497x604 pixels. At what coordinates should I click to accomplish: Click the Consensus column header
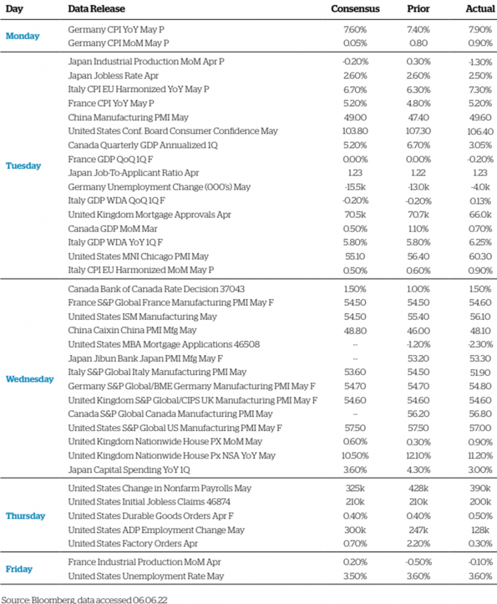[x=355, y=9]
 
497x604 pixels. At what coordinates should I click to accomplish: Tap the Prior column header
[x=418, y=9]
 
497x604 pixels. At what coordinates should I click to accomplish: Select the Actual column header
[x=479, y=9]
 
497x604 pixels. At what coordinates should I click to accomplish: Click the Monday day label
[x=22, y=36]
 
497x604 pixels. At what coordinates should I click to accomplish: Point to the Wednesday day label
[x=30, y=379]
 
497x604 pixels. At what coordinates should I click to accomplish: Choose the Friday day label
[x=19, y=569]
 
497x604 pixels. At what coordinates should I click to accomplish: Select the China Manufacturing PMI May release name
[x=115, y=117]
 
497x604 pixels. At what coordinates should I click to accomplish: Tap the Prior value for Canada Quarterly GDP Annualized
[x=418, y=145]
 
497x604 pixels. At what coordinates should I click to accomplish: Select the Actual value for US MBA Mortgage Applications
[x=480, y=344]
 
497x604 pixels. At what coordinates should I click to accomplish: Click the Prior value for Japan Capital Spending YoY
[x=418, y=470]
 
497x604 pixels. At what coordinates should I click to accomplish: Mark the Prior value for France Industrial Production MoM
[x=418, y=562]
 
